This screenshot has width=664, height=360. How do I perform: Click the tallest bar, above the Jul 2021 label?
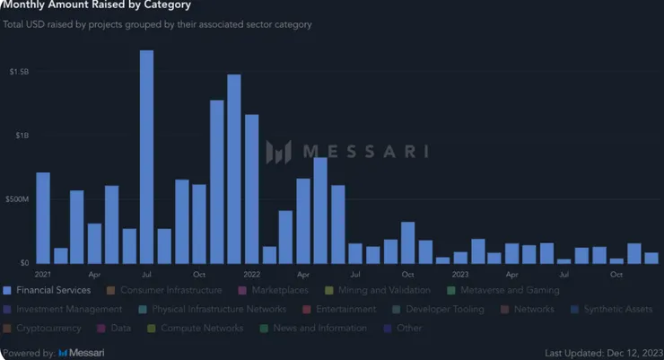146,157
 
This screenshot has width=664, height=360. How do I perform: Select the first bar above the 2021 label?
43,218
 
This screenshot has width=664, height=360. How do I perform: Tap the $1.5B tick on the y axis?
19,71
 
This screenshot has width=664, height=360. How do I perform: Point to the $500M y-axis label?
20,198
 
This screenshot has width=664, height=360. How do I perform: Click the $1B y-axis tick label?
22,136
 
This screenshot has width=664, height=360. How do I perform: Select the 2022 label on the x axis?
251,274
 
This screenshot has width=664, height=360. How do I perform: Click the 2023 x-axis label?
459,274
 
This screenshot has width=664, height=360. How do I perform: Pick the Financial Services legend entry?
53,290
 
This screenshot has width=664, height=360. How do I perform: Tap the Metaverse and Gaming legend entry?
510,290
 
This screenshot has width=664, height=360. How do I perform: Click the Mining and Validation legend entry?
384,290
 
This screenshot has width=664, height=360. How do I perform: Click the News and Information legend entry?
319,328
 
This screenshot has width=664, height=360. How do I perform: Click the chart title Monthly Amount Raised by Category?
96,5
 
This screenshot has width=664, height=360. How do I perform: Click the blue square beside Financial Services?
7,290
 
